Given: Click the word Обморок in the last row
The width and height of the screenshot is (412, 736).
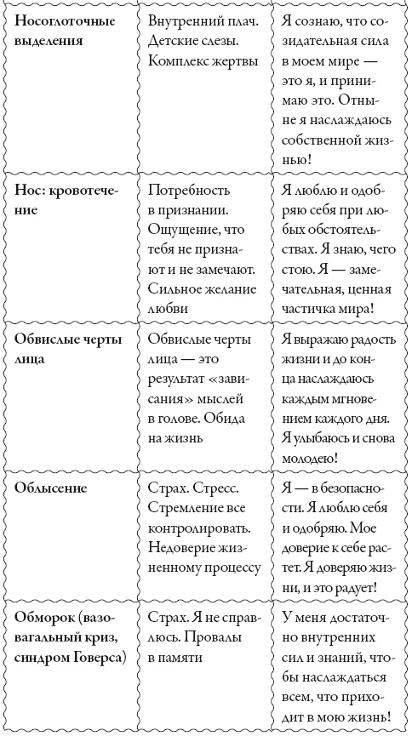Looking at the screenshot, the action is pyautogui.click(x=49, y=615).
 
